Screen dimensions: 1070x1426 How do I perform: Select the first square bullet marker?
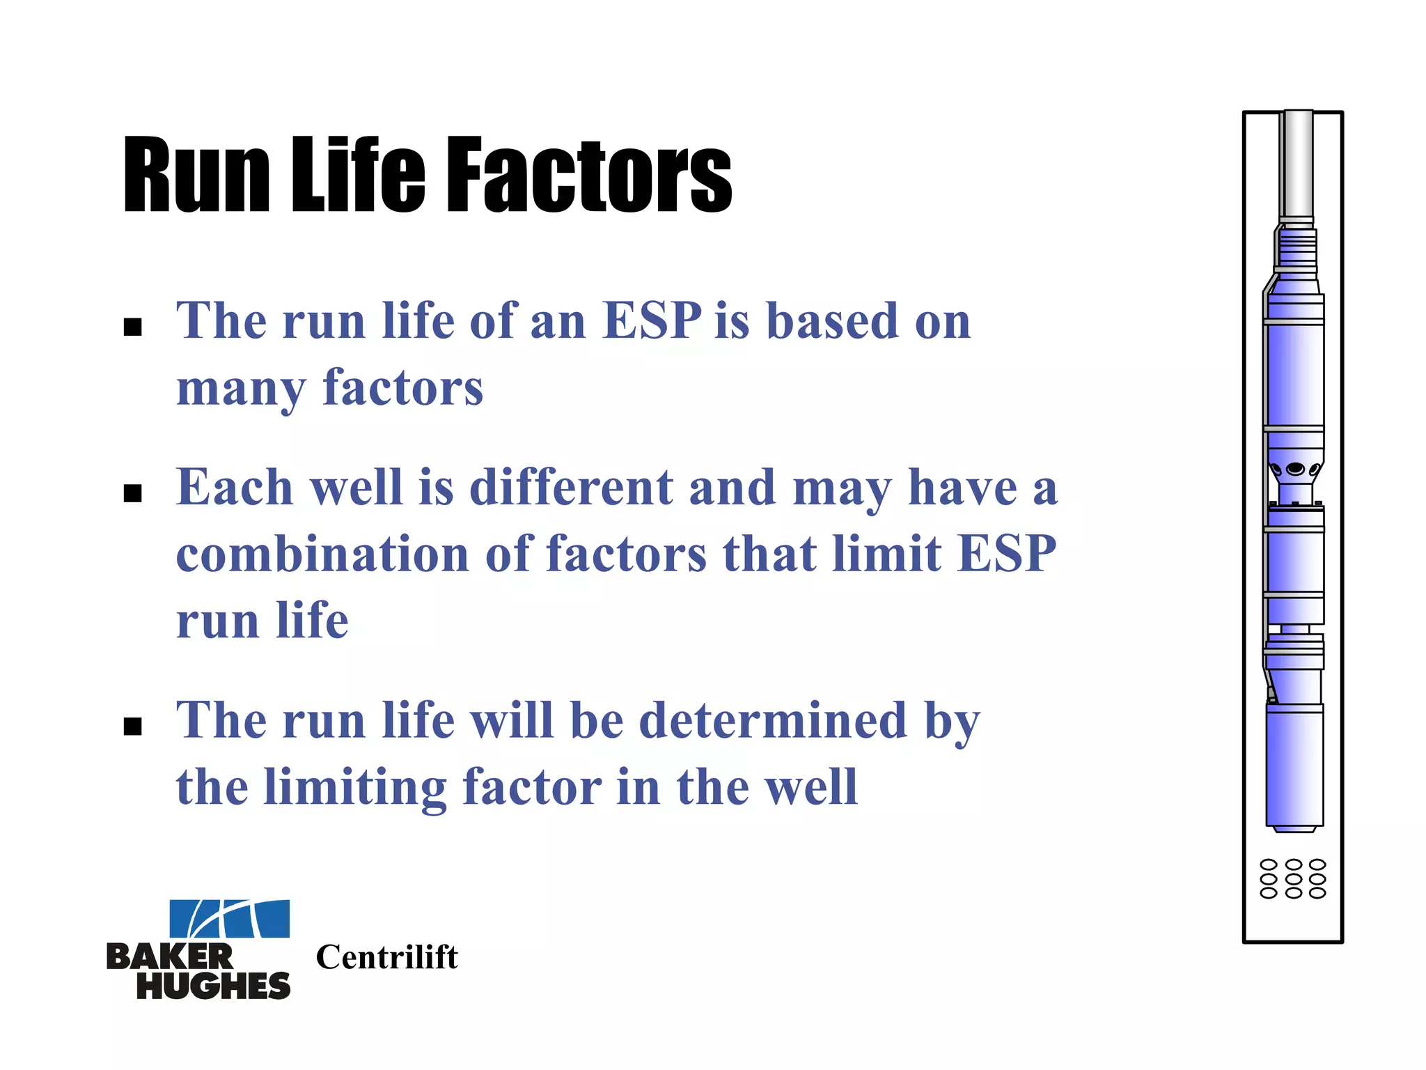pyautogui.click(x=132, y=327)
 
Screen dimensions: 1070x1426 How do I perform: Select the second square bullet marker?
pyautogui.click(x=132, y=493)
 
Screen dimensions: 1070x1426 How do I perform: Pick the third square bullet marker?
pyautogui.click(x=132, y=726)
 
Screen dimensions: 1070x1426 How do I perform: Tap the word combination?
pyautogui.click(x=322, y=555)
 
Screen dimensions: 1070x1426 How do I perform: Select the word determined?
pyautogui.click(x=773, y=720)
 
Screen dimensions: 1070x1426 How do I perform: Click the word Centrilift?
pyautogui.click(x=387, y=957)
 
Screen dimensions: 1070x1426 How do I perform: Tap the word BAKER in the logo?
pyautogui.click(x=170, y=957)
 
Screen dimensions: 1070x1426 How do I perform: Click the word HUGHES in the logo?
pyautogui.click(x=213, y=986)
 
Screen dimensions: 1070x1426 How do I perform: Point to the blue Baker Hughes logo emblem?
pyautogui.click(x=230, y=918)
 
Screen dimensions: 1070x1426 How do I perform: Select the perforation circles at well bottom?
pyautogui.click(x=1293, y=878)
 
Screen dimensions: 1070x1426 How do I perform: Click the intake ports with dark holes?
pyautogui.click(x=1294, y=469)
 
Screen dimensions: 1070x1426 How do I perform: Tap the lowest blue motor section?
pyautogui.click(x=1294, y=766)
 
